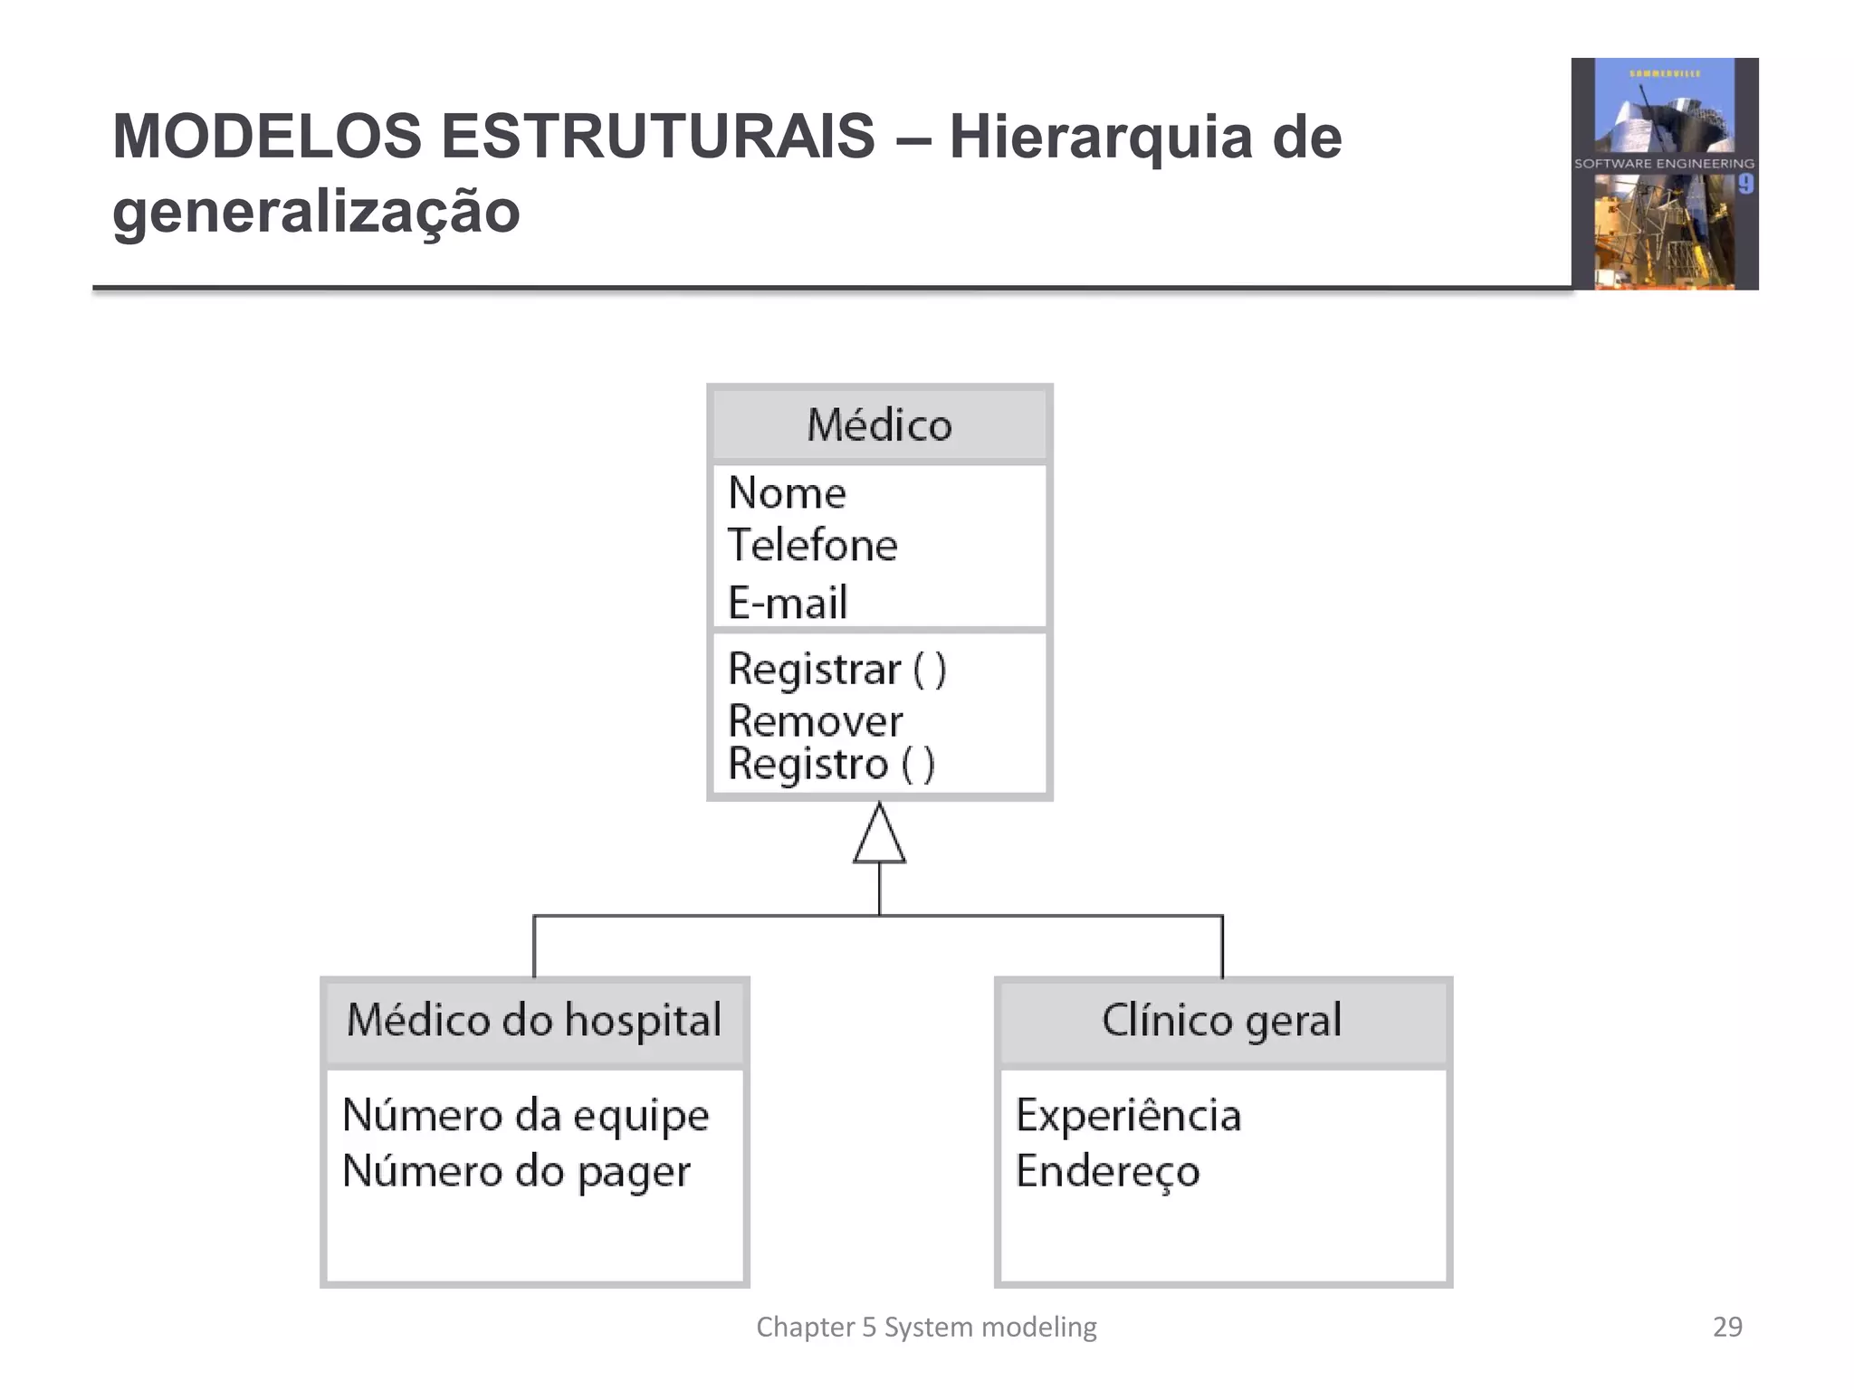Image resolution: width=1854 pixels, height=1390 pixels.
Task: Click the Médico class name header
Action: [x=879, y=424]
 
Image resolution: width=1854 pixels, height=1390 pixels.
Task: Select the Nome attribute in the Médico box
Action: [x=787, y=493]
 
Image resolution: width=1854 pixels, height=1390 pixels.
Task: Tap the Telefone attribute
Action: [x=812, y=546]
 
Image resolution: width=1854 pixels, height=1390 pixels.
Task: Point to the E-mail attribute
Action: [x=788, y=603]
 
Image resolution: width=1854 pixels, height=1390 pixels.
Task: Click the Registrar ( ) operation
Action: [x=836, y=670]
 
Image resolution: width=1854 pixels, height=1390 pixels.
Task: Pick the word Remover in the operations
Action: [x=815, y=721]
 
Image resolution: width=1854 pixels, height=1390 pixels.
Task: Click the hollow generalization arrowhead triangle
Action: [x=879, y=836]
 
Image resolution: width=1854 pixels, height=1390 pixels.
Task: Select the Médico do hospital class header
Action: [x=534, y=1021]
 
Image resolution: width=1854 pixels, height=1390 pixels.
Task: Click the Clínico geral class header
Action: [x=1221, y=1021]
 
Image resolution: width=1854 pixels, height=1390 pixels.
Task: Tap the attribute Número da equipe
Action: [x=525, y=1116]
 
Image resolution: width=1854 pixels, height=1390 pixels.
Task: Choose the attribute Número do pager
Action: [x=516, y=1172]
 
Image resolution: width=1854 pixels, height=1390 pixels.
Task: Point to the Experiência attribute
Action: [x=1127, y=1115]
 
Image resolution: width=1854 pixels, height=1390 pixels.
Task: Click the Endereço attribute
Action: [x=1107, y=1171]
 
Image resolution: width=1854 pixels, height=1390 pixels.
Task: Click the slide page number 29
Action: [x=1727, y=1327]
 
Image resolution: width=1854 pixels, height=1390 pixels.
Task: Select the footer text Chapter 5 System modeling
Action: [x=926, y=1327]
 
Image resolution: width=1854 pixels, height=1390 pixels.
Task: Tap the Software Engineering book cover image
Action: [x=1664, y=174]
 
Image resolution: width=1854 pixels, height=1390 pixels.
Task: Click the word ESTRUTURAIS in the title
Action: [x=657, y=137]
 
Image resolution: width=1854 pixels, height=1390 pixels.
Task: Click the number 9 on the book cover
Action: [x=1745, y=185]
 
